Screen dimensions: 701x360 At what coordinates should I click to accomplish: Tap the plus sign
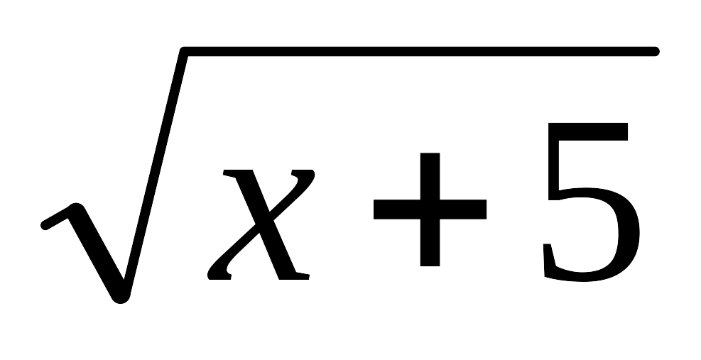tap(430, 209)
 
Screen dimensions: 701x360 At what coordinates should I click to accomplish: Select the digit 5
tap(591, 202)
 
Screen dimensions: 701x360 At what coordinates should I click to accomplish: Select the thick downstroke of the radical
tap(98, 253)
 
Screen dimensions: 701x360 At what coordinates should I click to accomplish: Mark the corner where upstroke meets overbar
tap(183, 51)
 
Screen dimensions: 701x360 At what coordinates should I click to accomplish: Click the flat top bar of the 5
tap(588, 131)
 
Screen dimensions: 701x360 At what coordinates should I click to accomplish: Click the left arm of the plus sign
tap(397, 209)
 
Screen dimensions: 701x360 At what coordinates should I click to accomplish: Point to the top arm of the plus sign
tap(430, 176)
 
